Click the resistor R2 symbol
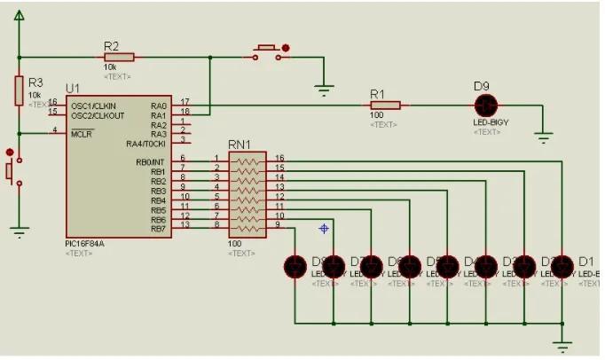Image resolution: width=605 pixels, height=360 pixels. (119, 57)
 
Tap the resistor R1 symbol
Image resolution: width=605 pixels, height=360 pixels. (384, 105)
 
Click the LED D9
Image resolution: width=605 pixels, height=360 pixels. (485, 105)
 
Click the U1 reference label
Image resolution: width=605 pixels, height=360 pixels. (72, 89)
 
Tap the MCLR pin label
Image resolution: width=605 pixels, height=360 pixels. (82, 134)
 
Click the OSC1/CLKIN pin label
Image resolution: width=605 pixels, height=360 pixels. (98, 106)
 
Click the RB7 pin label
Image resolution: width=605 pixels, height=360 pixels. (158, 229)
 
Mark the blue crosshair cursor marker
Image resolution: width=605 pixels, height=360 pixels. (324, 229)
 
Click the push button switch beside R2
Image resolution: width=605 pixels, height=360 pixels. (268, 53)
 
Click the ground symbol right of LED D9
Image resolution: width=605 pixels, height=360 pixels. (543, 137)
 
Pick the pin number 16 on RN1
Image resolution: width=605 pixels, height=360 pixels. (279, 158)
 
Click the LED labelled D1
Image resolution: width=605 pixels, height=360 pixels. (563, 266)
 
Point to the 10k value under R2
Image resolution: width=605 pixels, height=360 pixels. (111, 67)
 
